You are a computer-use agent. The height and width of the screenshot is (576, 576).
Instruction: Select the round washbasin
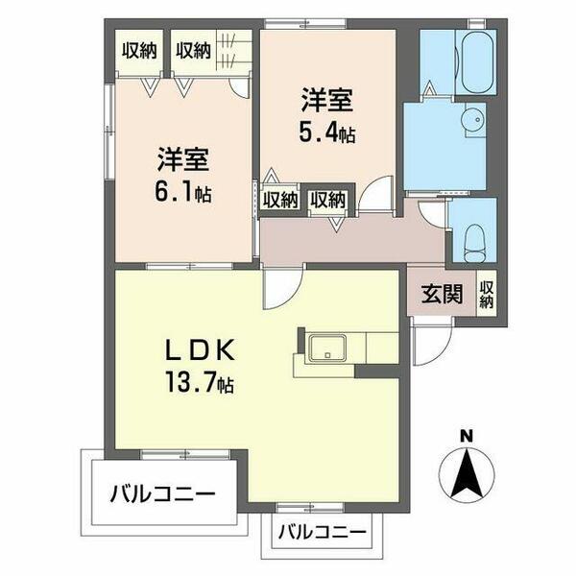point(470,123)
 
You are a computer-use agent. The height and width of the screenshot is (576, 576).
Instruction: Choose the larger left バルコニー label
point(161,496)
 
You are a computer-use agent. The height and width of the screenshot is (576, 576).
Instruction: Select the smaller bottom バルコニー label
point(323,532)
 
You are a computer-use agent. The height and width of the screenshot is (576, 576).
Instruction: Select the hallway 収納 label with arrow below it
point(327,201)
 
